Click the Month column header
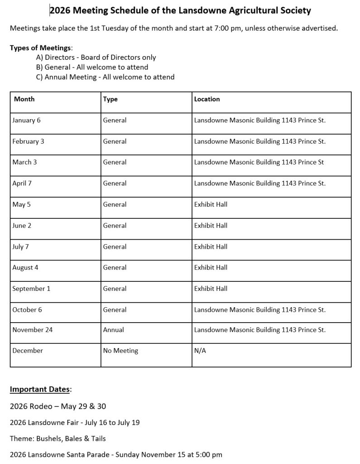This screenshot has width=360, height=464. pyautogui.click(x=24, y=99)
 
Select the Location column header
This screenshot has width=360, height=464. pyautogui.click(x=207, y=99)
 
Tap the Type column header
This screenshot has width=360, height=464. pyautogui.click(x=110, y=99)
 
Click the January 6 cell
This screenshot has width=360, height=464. pyautogui.click(x=27, y=121)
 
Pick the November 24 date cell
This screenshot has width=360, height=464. pyautogui.click(x=33, y=330)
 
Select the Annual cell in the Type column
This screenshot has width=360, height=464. pyautogui.click(x=114, y=330)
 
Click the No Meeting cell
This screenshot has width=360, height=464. pyautogui.click(x=120, y=351)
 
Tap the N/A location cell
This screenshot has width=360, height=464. pyautogui.click(x=200, y=351)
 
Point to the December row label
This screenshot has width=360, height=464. pyautogui.click(x=28, y=351)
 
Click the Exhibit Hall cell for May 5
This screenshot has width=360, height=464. pyautogui.click(x=211, y=204)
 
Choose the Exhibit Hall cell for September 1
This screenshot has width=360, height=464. pyautogui.click(x=211, y=288)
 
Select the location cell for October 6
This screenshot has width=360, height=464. pyautogui.click(x=259, y=309)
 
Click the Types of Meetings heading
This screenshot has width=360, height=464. pyautogui.click(x=41, y=48)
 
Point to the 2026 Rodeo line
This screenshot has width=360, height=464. pyautogui.click(x=58, y=406)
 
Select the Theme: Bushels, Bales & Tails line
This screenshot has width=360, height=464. pyautogui.click(x=58, y=438)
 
